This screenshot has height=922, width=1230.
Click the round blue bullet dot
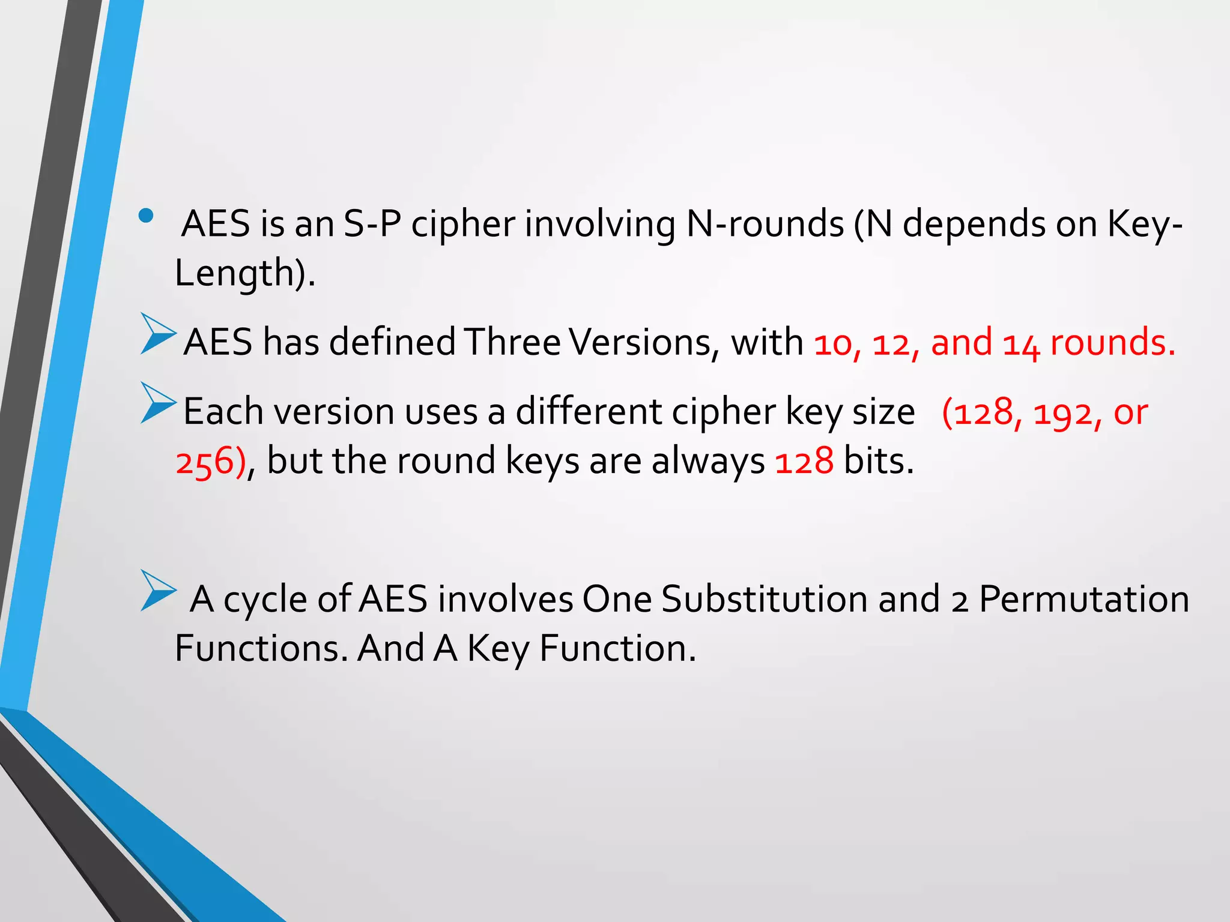[145, 215]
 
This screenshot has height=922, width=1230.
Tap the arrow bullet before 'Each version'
[158, 403]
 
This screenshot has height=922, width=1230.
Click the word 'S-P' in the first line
[372, 224]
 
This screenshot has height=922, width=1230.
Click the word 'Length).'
[245, 273]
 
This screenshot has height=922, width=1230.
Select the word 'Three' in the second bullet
[512, 342]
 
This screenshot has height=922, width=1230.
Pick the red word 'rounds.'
[1112, 342]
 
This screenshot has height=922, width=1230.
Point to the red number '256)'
[210, 462]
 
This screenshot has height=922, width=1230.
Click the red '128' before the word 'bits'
[804, 461]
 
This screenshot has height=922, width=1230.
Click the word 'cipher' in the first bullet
[463, 224]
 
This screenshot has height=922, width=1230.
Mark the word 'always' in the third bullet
[708, 461]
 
